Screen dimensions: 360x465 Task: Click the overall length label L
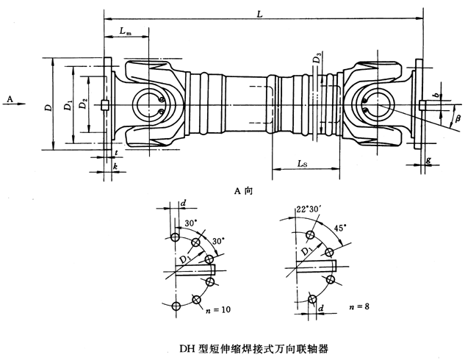coord(261,12)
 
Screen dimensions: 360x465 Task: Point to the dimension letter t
coord(117,152)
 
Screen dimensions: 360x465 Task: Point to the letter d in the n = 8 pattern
coord(322,309)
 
